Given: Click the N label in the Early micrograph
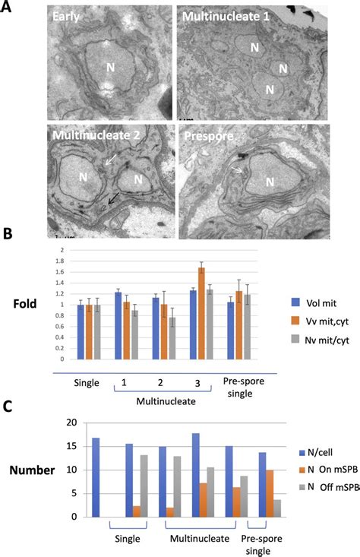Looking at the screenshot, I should [x=111, y=67].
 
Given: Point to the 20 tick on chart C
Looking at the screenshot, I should [x=73, y=423].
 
